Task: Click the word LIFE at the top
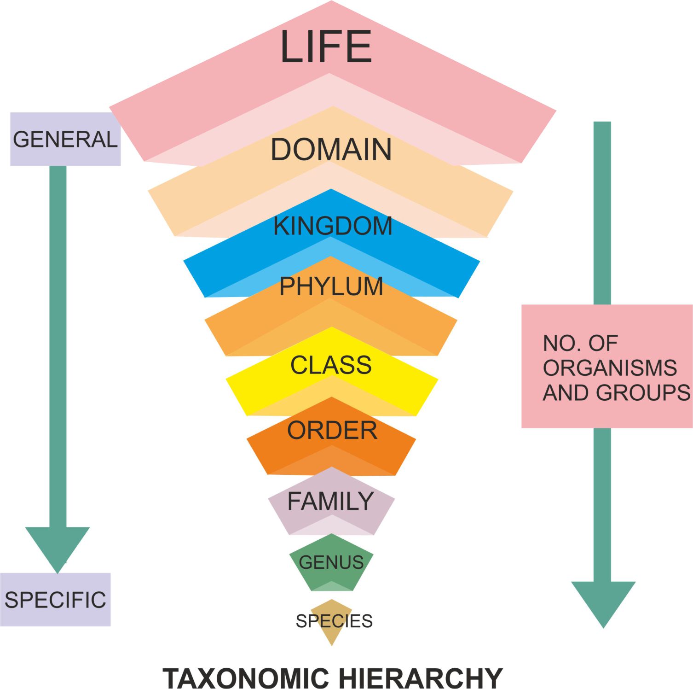(x=326, y=47)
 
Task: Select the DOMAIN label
(x=331, y=150)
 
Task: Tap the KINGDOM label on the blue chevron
(x=333, y=226)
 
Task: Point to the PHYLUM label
(x=331, y=286)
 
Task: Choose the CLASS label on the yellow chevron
(x=331, y=365)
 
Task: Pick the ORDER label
(x=332, y=431)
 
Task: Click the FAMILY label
(x=330, y=501)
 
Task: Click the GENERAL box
(x=65, y=139)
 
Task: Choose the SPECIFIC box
(x=55, y=600)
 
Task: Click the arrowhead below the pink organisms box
(x=603, y=601)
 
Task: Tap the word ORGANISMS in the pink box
(x=610, y=368)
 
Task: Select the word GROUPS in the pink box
(x=643, y=393)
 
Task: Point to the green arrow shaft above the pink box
(x=602, y=212)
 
